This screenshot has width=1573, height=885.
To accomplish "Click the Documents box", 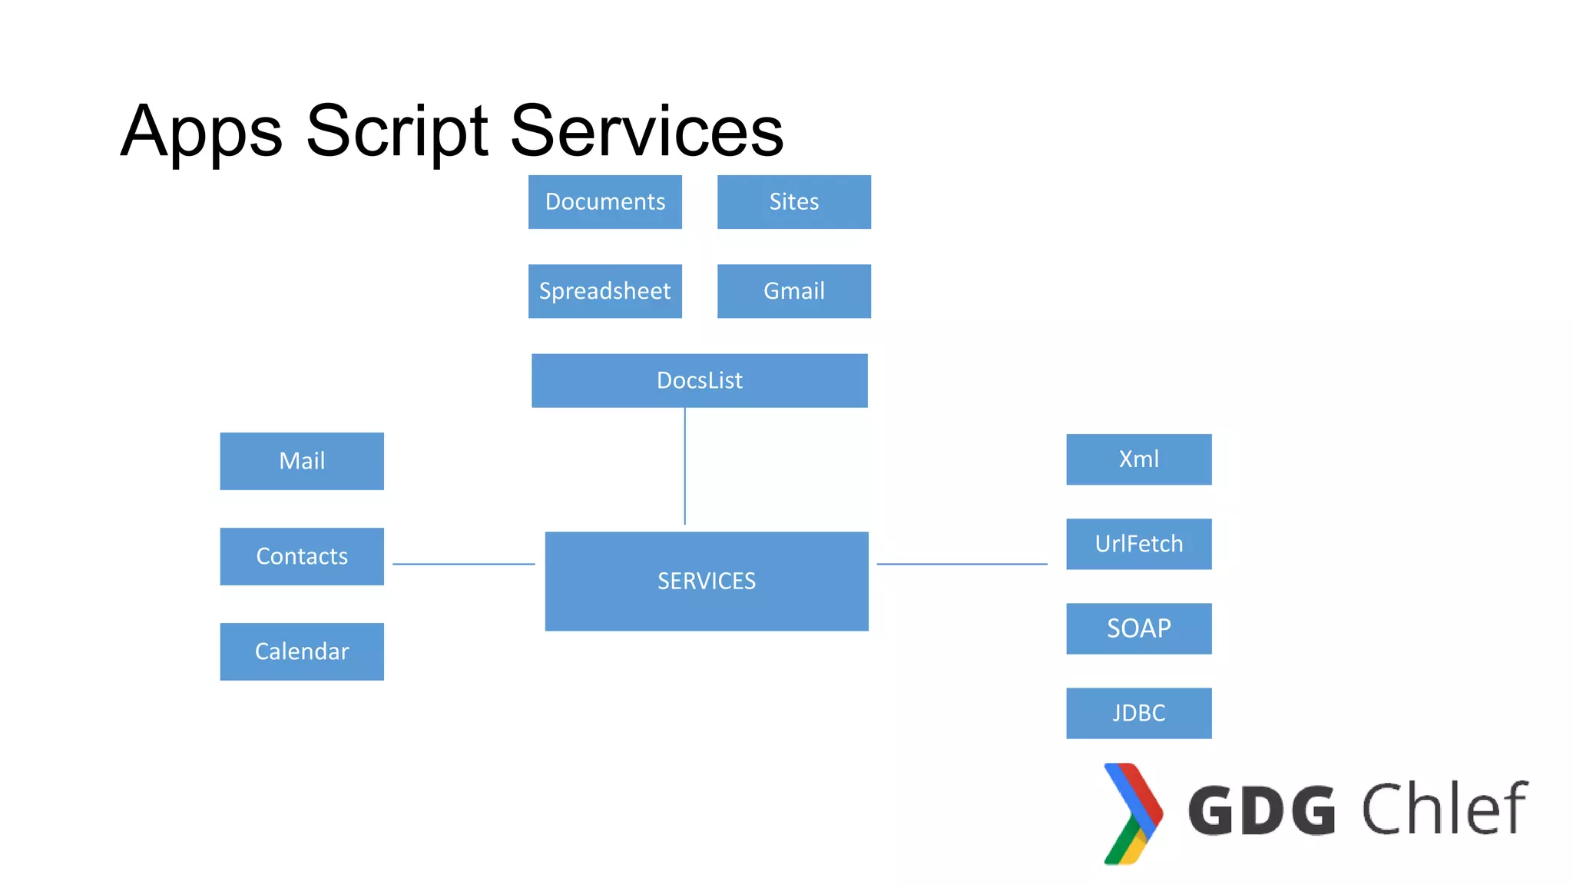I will [x=604, y=202].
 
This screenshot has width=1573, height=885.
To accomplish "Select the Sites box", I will [x=793, y=202].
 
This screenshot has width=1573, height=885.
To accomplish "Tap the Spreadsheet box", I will [x=604, y=291].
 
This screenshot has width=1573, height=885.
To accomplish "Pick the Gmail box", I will [x=793, y=291].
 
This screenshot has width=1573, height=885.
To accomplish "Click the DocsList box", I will [x=699, y=380].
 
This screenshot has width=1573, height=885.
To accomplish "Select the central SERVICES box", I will [x=706, y=581].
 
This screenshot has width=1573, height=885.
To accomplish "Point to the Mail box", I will [x=302, y=461].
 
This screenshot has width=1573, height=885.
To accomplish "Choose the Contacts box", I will [x=302, y=556].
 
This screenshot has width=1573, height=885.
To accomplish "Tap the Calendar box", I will [x=302, y=651].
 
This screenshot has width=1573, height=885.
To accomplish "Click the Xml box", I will [x=1138, y=459].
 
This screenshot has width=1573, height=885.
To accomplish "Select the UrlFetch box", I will [x=1138, y=544].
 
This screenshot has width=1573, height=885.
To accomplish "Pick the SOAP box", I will [x=1138, y=628].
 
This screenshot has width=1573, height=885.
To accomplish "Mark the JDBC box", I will [x=1138, y=713].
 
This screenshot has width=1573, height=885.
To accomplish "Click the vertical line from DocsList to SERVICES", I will [x=684, y=466].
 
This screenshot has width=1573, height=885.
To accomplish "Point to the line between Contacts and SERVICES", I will [x=463, y=564].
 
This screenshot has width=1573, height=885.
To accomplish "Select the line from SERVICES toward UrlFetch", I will [x=962, y=564].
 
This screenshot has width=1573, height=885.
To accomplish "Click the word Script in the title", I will [x=396, y=131].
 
